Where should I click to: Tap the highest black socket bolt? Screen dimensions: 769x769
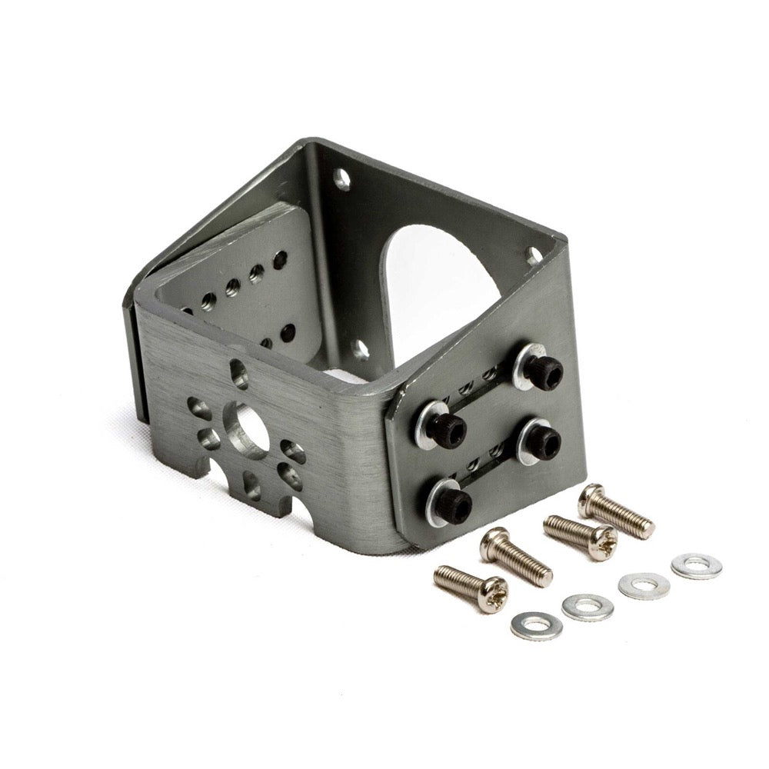click(542, 371)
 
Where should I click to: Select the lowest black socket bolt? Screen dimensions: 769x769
click(454, 505)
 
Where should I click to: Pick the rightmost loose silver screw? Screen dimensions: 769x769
click(616, 513)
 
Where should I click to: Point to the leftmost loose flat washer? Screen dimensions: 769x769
click(536, 625)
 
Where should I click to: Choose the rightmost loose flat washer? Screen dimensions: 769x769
click(696, 566)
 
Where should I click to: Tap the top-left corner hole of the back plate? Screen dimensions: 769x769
click(341, 181)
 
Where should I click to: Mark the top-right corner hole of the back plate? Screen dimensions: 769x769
click(533, 254)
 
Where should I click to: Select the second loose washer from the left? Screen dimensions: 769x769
click(588, 608)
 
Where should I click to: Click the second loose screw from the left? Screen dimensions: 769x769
click(516, 557)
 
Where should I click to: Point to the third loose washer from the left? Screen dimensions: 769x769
click(644, 586)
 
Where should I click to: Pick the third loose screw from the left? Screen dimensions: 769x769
click(580, 536)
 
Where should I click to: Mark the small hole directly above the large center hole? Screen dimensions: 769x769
click(239, 375)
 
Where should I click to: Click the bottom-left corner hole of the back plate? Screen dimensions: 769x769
click(361, 350)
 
